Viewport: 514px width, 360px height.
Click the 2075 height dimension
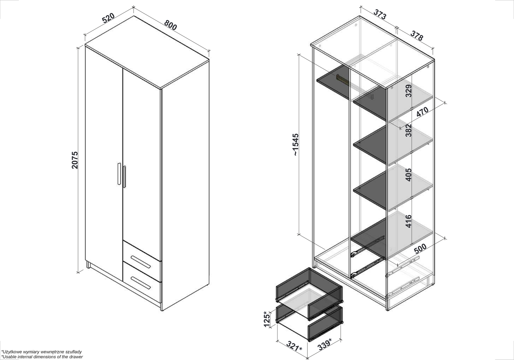[x=75, y=160]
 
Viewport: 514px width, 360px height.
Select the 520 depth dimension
[x=108, y=18]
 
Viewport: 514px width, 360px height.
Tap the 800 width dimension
[x=171, y=25]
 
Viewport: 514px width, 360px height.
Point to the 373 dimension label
[x=380, y=14]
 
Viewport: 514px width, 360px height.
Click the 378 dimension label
[x=417, y=36]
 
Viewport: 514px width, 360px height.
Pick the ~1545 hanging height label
[x=296, y=145]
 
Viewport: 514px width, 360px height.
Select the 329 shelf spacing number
[x=408, y=91]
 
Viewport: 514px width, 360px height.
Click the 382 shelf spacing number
[x=408, y=130]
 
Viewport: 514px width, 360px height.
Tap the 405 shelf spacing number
[x=408, y=175]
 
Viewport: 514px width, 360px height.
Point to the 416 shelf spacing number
[x=408, y=221]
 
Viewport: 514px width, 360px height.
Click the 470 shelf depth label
[x=422, y=112]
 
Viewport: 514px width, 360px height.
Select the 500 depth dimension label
[x=420, y=248]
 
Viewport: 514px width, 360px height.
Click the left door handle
[x=119, y=174]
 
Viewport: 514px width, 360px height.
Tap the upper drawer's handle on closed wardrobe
[x=140, y=262]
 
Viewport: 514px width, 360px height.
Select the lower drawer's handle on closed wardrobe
[x=140, y=283]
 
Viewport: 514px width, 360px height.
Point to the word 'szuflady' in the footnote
[x=73, y=352]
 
